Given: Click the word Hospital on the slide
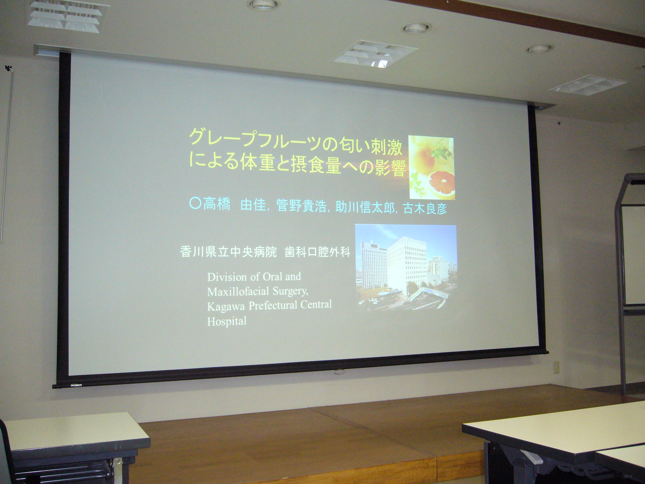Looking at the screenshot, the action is tap(227, 322).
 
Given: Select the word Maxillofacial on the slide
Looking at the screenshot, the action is tap(238, 291).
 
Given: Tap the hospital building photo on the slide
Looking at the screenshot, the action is tap(406, 267).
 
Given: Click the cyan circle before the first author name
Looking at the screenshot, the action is tap(195, 203).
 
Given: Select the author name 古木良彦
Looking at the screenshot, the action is tap(425, 208).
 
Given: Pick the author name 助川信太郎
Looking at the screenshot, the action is tap(365, 207).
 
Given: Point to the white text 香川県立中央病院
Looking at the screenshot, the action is tap(228, 251).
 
